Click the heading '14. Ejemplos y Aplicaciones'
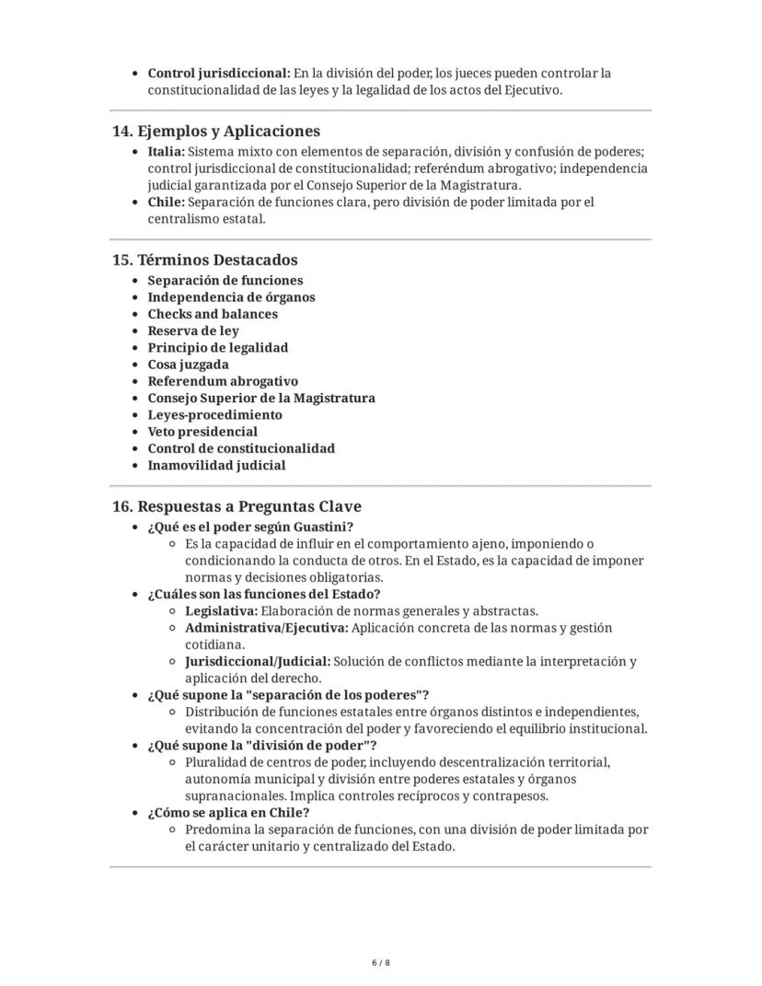[x=216, y=131]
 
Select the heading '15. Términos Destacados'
[x=204, y=260]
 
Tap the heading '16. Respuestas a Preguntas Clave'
[x=237, y=506]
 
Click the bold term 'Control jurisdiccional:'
[x=219, y=73]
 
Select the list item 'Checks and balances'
[x=213, y=314]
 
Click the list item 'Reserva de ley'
[x=193, y=331]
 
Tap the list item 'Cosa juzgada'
[x=189, y=365]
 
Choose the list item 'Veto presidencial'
[x=202, y=432]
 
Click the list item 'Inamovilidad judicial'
[x=216, y=465]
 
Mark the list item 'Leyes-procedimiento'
[x=215, y=414]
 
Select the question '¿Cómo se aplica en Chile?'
[x=228, y=813]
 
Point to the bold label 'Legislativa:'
[x=221, y=611]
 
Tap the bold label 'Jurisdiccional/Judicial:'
[x=258, y=662]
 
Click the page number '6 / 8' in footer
[x=381, y=962]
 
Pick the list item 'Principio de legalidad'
[x=218, y=348]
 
